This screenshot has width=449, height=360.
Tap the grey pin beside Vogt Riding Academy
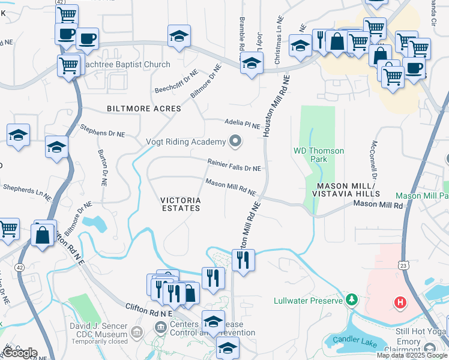click(235, 142)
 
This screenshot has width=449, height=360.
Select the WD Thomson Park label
click(318, 155)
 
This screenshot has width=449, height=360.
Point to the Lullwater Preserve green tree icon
click(352, 299)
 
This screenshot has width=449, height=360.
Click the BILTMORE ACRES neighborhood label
click(143, 109)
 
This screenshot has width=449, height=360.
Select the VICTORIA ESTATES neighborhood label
click(180, 204)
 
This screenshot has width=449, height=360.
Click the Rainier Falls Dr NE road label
click(234, 165)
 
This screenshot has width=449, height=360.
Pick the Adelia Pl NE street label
click(243, 124)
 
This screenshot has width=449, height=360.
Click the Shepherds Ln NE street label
click(27, 191)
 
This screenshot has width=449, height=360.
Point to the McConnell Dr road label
click(374, 161)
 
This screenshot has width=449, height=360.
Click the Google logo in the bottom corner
click(20, 353)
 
